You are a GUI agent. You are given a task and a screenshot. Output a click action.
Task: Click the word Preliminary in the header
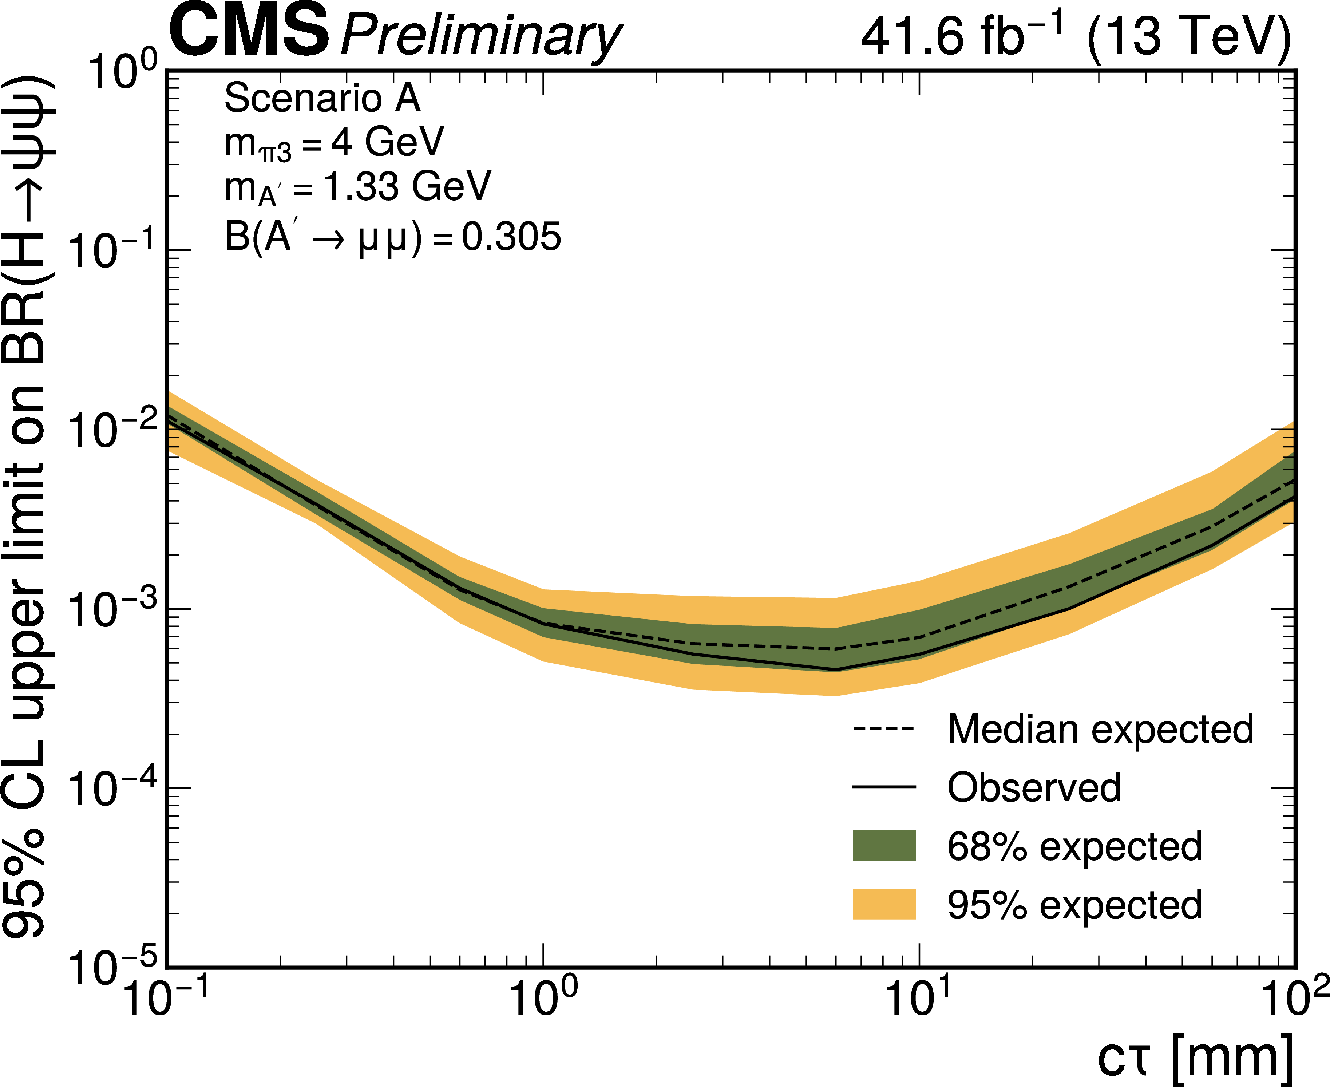(x=480, y=36)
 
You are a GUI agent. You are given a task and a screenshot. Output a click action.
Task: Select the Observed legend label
(x=1034, y=788)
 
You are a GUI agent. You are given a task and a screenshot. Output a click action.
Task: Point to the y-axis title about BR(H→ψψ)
(x=28, y=507)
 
